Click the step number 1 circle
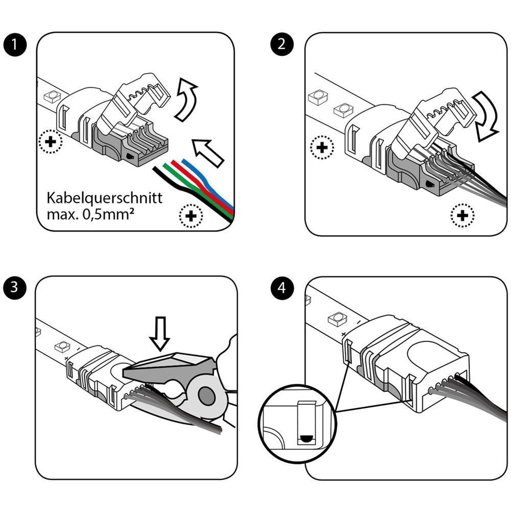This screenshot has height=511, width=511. pyautogui.click(x=16, y=44)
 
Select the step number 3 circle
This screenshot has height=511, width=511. pyautogui.click(x=16, y=288)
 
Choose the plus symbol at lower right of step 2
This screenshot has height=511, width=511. pyautogui.click(x=462, y=216)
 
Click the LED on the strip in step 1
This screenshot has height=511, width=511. pyautogui.click(x=52, y=96)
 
